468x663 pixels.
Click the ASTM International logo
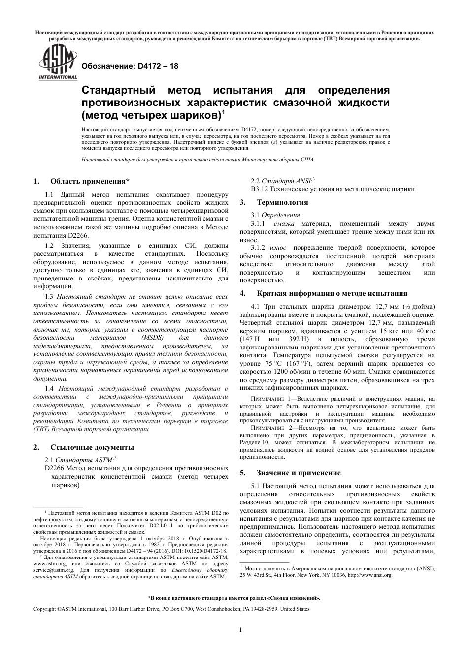(58, 63)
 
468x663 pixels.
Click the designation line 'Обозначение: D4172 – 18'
(130, 66)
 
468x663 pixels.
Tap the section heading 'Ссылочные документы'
(92, 447)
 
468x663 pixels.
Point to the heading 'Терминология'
(282, 202)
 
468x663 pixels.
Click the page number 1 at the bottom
(240, 629)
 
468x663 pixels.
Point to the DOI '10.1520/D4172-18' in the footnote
(207, 551)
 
